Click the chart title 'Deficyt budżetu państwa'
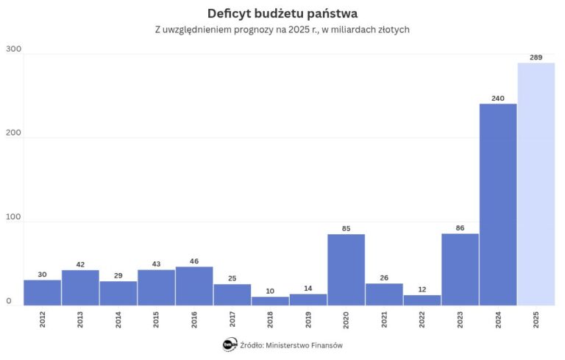coord(282,14)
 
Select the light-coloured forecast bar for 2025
coord(536,184)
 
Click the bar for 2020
coord(346,269)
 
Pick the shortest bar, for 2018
coord(270,300)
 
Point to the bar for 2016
coord(194,286)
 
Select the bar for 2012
coord(42,292)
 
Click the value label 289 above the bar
coord(536,57)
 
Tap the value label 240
coord(498,97)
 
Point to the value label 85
coord(346,227)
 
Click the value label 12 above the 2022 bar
coord(422,289)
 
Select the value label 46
coord(194,261)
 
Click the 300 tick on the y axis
coord(14,49)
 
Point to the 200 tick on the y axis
coord(14,133)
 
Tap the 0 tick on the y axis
coord(10,301)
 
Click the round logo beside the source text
coord(229,345)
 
